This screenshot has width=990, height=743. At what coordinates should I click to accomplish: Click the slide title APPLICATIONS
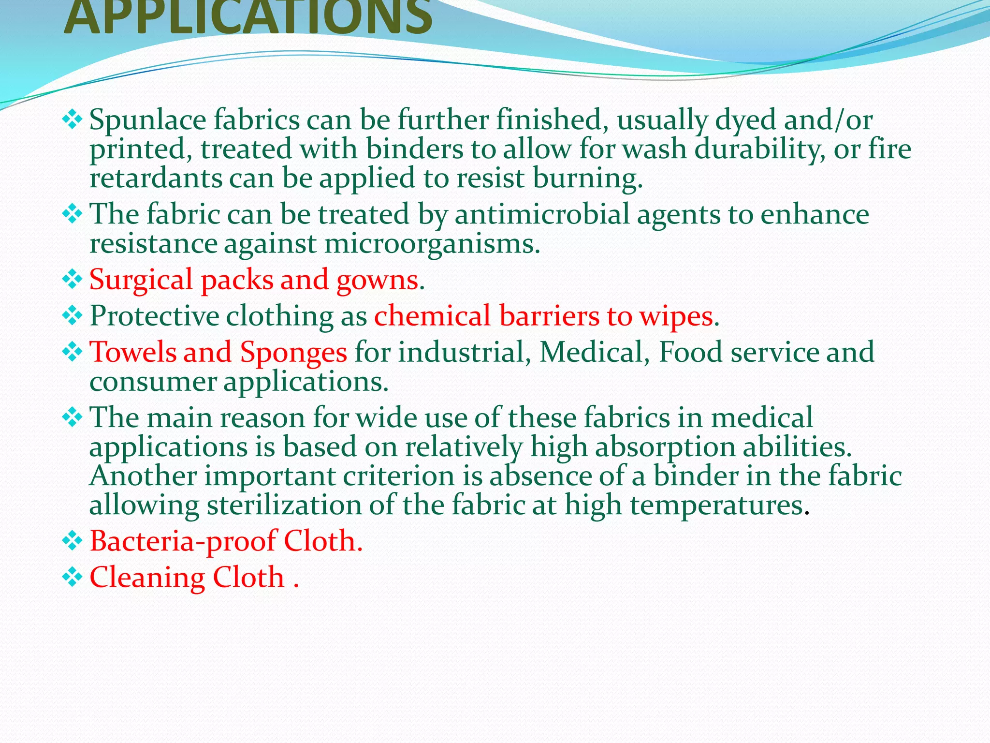[x=247, y=18]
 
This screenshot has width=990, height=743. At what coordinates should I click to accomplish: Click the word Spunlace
[x=147, y=120]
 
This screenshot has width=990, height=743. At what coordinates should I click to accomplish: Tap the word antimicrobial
[x=542, y=214]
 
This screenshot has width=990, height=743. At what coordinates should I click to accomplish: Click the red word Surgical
[x=141, y=280]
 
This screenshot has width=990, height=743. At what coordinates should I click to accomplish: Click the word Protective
[x=154, y=316]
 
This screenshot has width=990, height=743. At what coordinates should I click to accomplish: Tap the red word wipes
[x=676, y=316]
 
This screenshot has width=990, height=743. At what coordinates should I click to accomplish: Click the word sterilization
[x=284, y=505]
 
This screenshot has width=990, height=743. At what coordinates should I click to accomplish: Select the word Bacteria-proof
[x=183, y=541]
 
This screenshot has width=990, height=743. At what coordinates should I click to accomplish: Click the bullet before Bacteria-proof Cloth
[x=72, y=541]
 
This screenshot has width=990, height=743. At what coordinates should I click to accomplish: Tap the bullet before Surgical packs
[x=72, y=280]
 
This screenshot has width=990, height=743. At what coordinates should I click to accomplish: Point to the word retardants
[x=155, y=178]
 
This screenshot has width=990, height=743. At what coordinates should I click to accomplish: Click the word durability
[x=759, y=149]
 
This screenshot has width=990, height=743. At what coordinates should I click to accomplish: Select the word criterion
[x=399, y=476]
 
